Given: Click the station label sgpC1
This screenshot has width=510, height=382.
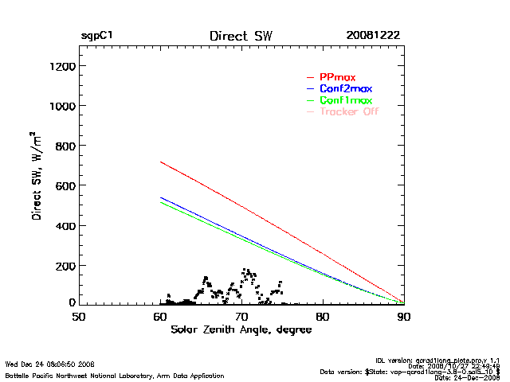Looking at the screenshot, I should [96, 36].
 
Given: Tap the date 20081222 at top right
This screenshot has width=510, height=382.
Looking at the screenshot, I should [373, 36].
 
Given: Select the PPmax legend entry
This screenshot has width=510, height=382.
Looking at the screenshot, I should [337, 76].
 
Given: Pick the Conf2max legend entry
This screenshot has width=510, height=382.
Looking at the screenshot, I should [345, 88].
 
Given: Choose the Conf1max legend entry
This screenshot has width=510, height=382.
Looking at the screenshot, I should [345, 100].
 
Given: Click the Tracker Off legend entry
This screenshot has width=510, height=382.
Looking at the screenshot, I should [348, 111].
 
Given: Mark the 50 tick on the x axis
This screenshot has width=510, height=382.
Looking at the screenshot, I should [79, 317].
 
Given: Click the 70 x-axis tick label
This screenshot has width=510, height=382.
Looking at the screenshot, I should [241, 317].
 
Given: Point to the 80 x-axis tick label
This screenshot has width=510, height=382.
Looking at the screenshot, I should [323, 317].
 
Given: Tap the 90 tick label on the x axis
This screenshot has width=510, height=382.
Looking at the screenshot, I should [404, 317].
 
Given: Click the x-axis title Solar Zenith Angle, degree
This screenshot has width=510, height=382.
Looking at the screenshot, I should [241, 330].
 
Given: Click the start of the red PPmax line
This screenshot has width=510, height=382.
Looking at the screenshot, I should [161, 162].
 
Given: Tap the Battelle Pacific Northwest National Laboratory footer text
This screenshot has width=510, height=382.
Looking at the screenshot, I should [115, 375].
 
